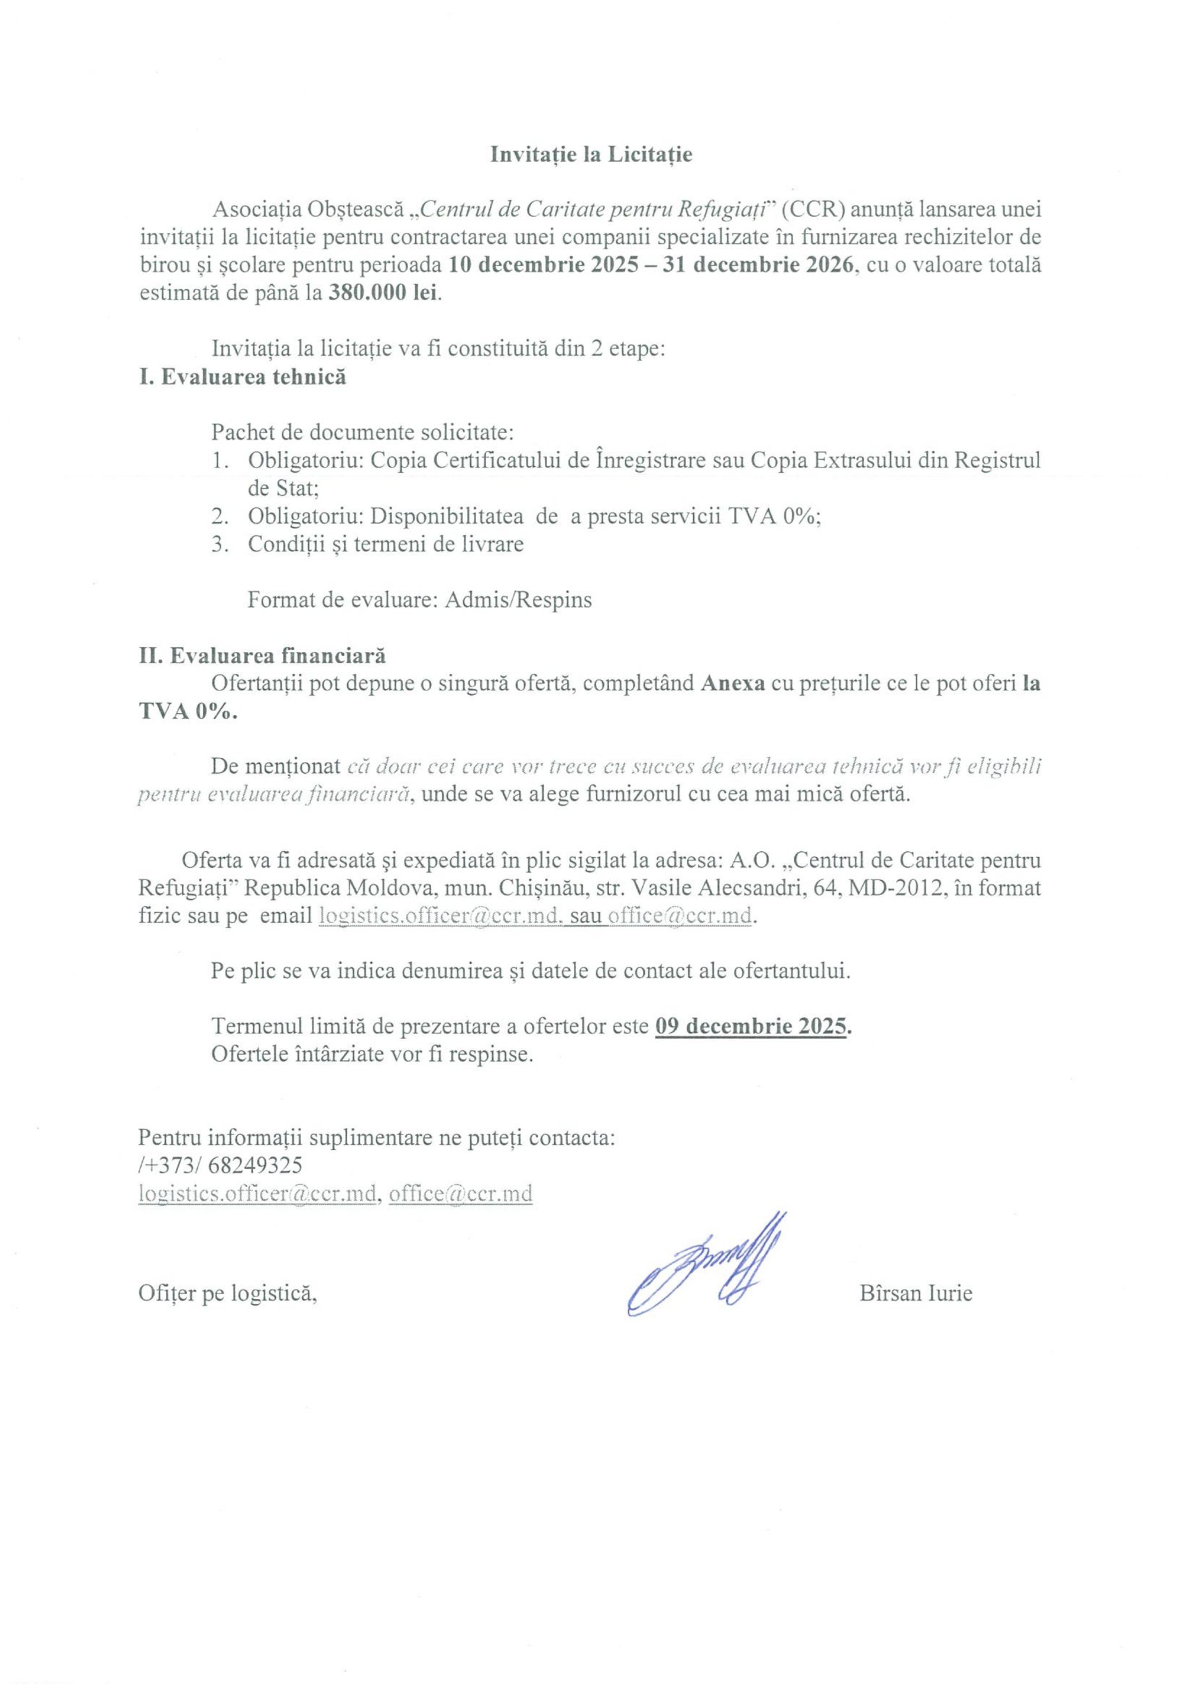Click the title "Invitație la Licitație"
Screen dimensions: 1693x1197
pos(591,155)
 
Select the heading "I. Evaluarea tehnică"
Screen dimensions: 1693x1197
pos(242,377)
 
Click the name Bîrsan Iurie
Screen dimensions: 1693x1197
pos(915,1293)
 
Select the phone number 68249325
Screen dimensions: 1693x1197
pos(255,1165)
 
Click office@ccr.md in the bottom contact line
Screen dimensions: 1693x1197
pos(460,1193)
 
